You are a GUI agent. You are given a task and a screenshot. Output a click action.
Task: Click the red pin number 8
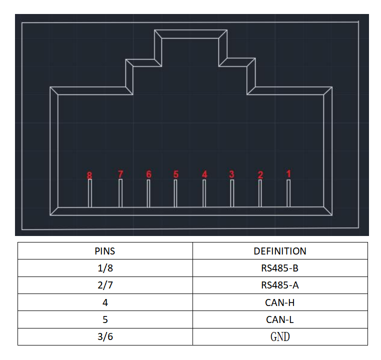point(89,175)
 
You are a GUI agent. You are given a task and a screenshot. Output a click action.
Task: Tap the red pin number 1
point(288,173)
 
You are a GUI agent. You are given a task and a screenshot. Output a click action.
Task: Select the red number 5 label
point(176,174)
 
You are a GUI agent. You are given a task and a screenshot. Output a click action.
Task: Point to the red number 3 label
point(231,174)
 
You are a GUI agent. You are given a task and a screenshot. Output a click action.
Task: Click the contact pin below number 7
point(120,193)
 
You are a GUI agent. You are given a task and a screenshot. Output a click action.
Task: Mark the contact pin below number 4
point(204,193)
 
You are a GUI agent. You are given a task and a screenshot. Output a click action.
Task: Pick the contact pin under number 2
point(260,193)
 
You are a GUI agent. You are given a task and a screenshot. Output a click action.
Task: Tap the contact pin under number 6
point(148,193)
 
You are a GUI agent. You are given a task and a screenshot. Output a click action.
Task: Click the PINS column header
point(105,251)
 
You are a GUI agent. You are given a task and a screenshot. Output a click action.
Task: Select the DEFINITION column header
point(280,251)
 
